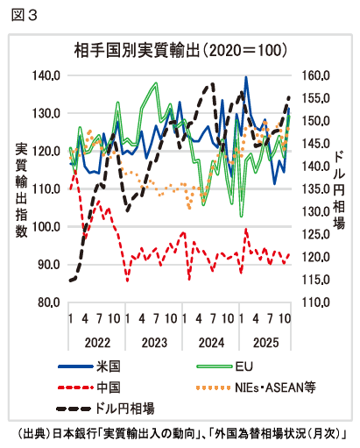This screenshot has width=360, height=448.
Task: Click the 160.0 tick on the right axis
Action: click(x=314, y=76)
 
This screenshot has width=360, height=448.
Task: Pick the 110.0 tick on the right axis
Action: click(x=314, y=302)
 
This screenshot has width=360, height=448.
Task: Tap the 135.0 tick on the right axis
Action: click(x=314, y=189)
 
